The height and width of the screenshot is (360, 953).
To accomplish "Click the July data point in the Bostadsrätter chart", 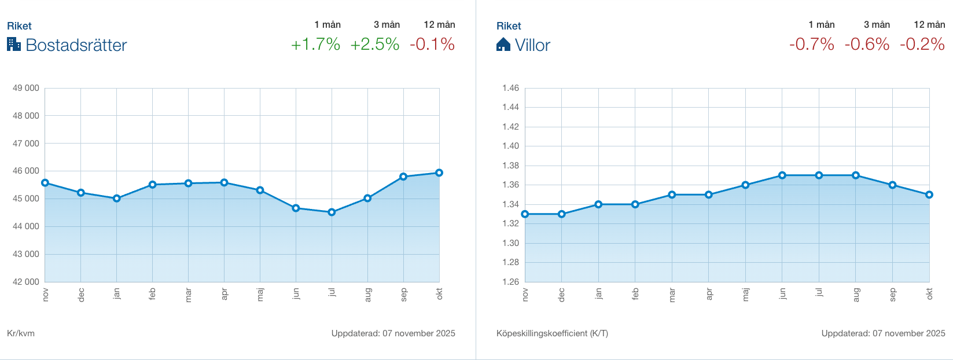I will coord(332,212).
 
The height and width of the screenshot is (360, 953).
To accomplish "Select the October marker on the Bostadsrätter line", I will coord(439,172).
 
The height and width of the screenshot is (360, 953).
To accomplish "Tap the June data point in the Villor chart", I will coord(782,175).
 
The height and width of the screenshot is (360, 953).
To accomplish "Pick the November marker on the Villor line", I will coord(525,214).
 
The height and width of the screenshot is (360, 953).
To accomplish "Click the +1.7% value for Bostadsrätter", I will coord(315,45).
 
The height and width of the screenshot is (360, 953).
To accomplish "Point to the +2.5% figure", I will coord(375,45).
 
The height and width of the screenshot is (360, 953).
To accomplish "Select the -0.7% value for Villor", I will coord(812,45).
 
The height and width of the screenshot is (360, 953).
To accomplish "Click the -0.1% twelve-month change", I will coord(432,45).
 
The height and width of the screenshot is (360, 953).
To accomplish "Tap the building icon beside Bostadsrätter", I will coord(14,45).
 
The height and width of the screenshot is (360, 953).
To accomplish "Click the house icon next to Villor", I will coord(503,45).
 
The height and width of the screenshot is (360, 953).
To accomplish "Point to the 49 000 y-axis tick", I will coord(26,88).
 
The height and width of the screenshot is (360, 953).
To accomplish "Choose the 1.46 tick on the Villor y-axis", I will coord(510,88).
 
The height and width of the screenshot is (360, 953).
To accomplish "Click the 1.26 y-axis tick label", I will coord(510,282).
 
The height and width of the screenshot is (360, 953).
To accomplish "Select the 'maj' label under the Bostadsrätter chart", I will coord(260,295).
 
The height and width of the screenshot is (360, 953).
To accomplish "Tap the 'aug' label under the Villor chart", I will coord(856,295).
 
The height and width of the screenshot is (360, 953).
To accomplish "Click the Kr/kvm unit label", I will coord(21,333).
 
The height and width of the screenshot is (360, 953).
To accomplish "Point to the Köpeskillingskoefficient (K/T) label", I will coord(552,333).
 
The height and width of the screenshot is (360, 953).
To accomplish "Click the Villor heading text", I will coord(532,45).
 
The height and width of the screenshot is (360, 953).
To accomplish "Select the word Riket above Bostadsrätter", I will coord(19,26).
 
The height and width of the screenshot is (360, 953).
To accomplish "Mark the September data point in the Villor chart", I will coord(893,185).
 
